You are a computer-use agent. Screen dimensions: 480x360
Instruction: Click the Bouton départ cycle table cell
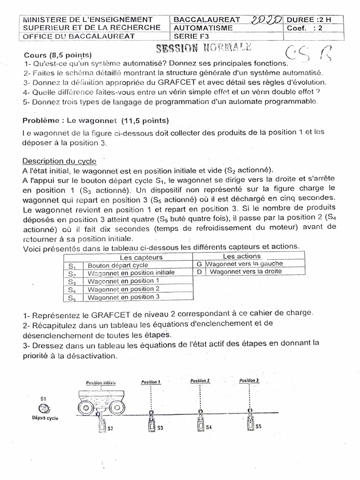click(118, 265)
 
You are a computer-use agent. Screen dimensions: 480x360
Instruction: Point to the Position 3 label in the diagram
click(249, 380)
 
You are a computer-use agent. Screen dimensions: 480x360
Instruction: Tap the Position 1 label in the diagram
click(151, 382)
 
